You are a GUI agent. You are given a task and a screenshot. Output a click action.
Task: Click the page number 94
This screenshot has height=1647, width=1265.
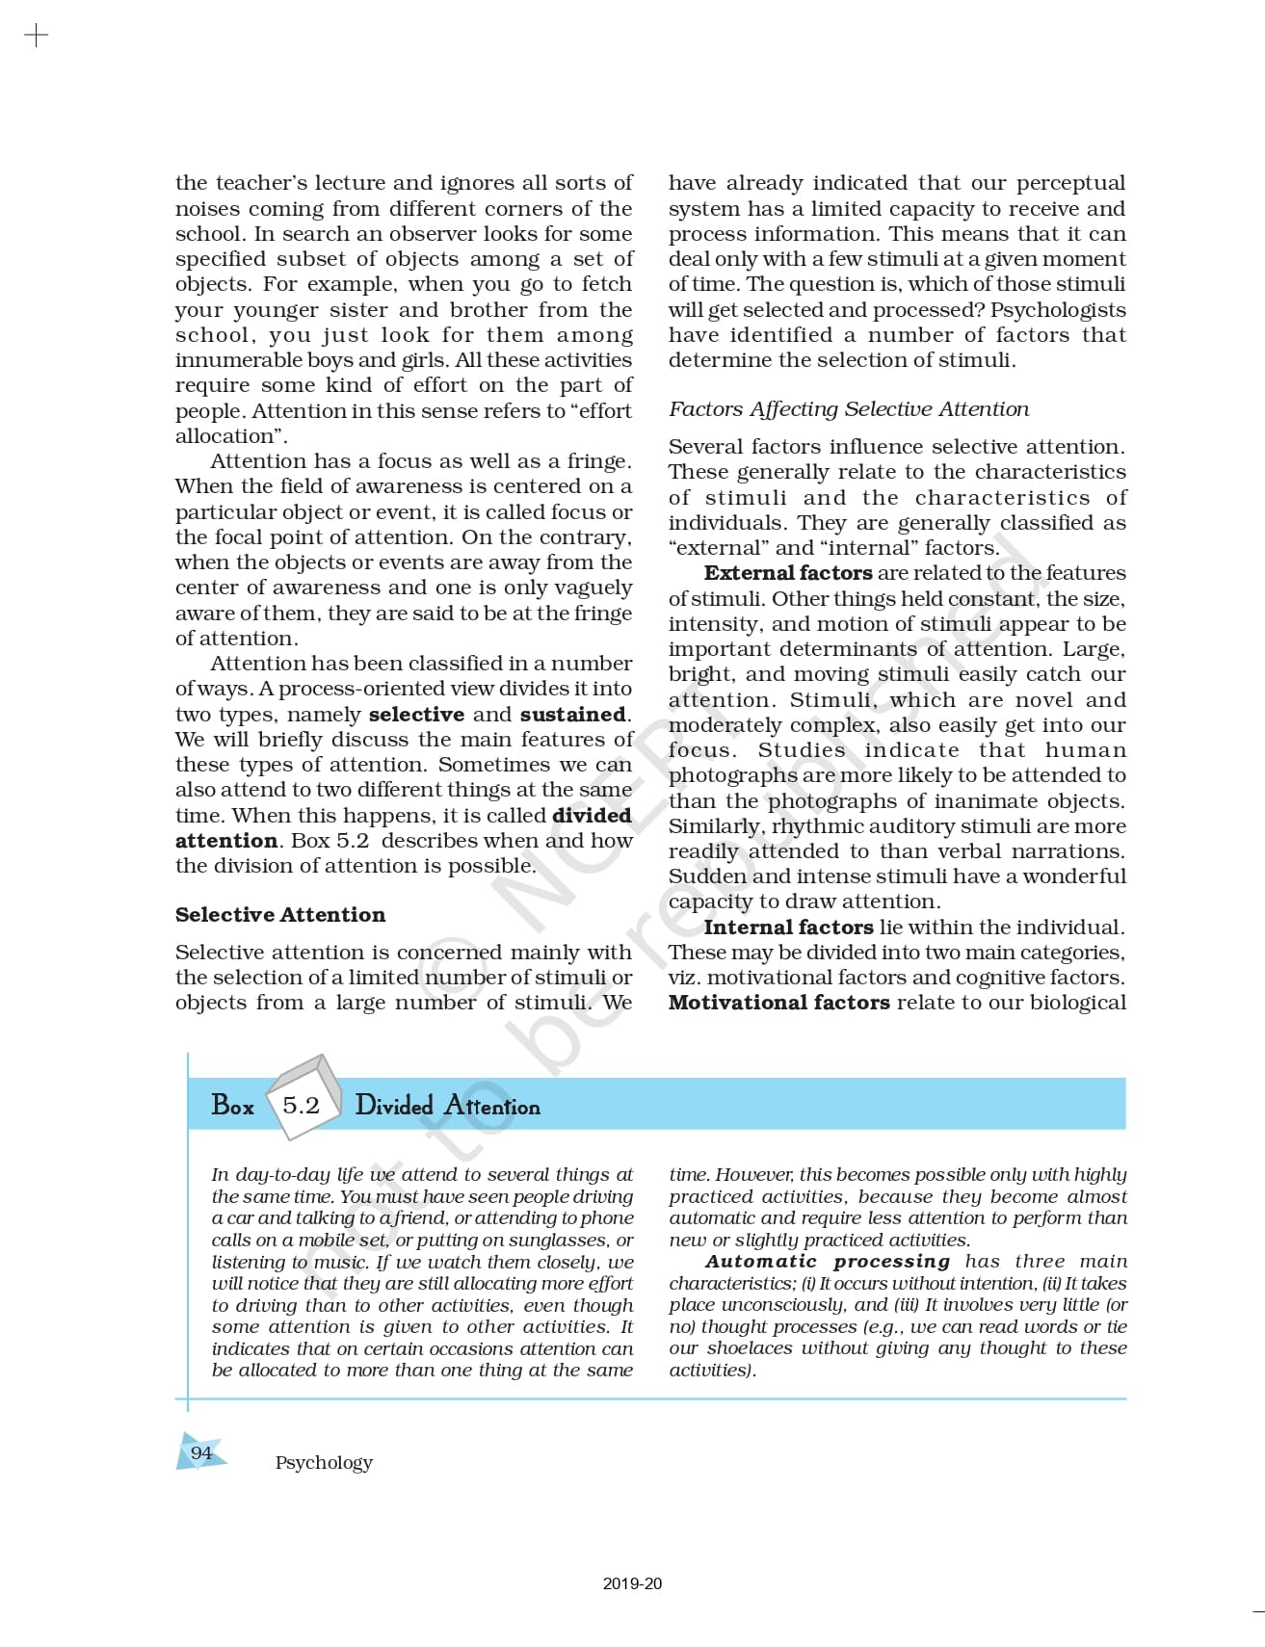pos(201,1452)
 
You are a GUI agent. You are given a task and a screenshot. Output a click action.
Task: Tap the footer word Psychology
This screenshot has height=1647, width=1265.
pos(324,1463)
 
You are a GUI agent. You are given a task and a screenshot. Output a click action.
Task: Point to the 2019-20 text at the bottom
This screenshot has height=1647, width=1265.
pos(632,1583)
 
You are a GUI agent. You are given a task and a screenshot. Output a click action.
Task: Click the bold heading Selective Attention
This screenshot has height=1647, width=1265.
pos(280,915)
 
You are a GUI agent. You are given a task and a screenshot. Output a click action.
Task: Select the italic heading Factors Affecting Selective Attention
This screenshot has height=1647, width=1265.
pos(849,409)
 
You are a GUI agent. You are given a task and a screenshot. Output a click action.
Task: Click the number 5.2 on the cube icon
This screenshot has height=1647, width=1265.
pos(301,1105)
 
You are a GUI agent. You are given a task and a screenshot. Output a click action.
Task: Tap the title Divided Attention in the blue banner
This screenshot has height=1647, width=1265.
pos(447,1106)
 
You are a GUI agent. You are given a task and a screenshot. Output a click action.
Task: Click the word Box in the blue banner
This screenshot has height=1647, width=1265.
pos(232,1106)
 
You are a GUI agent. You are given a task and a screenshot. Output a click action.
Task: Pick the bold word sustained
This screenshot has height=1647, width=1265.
pos(573,715)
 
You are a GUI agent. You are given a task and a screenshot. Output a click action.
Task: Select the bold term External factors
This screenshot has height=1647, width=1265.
pos(788,573)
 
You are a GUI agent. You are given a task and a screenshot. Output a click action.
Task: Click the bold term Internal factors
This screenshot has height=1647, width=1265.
pos(788,928)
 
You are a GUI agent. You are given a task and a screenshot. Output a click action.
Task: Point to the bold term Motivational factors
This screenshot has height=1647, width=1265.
pos(779,1003)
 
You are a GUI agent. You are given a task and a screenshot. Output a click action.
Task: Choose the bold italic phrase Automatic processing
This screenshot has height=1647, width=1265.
pos(828,1262)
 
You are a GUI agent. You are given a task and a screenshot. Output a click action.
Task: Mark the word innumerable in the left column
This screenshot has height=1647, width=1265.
pos(232,360)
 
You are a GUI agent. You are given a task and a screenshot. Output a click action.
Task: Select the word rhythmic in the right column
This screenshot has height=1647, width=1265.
pos(811,826)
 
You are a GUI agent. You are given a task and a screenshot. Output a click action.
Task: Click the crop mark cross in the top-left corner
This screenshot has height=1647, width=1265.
pos(36,37)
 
